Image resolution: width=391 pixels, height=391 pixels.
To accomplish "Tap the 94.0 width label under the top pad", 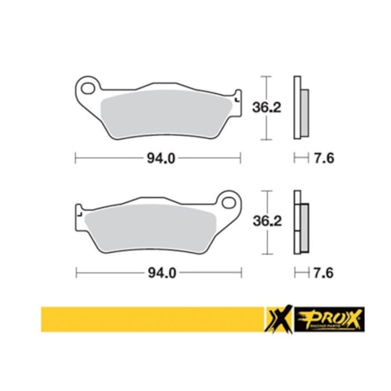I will (x=158, y=156).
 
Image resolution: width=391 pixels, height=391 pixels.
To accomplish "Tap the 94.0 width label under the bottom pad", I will (x=158, y=271).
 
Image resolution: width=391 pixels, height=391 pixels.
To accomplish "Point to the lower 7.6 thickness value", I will (x=325, y=271).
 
